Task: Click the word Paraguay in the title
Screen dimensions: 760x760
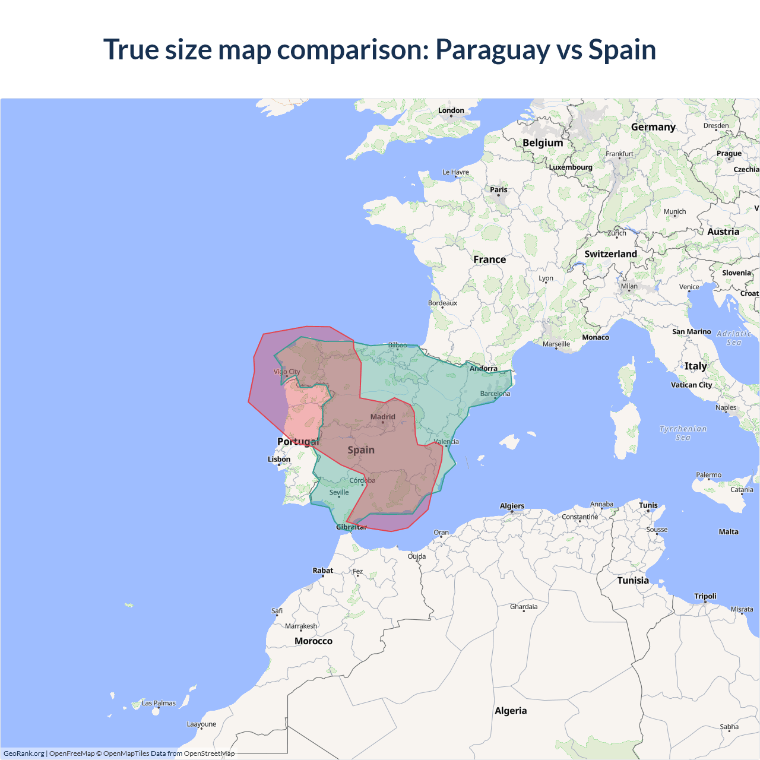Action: [492, 50]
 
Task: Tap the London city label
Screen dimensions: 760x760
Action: [451, 110]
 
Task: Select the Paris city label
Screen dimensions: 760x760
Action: [499, 190]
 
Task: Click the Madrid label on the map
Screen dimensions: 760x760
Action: [383, 417]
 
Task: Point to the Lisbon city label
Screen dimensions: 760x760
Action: [279, 459]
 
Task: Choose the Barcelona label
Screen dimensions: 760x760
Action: [495, 394]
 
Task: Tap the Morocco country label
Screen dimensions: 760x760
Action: [313, 641]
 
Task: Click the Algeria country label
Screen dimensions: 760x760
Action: [511, 711]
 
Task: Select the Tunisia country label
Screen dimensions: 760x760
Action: [633, 581]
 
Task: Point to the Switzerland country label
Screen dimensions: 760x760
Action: [610, 254]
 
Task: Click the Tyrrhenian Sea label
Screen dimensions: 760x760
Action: [683, 433]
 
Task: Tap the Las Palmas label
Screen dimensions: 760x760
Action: [159, 703]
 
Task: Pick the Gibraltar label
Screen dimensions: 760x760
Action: [351, 527]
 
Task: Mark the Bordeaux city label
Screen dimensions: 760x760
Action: [443, 303]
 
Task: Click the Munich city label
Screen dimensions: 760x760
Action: [674, 211]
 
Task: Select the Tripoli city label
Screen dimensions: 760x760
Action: [705, 596]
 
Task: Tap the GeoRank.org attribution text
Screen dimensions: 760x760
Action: [24, 753]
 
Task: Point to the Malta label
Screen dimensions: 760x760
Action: [729, 532]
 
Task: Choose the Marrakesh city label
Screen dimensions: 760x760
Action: [301, 626]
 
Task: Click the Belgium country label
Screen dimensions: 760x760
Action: [543, 143]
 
